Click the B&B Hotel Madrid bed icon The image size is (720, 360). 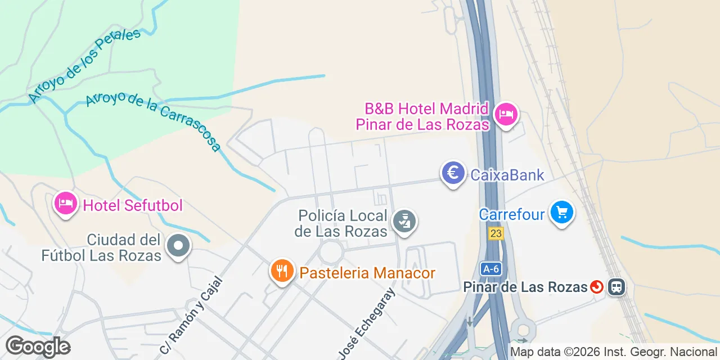(x=506, y=115)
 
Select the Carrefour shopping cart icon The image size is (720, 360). (x=561, y=213)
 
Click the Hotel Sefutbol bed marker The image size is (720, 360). (x=65, y=204)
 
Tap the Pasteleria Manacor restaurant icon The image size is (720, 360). (x=282, y=272)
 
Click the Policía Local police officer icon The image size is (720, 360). (x=404, y=221)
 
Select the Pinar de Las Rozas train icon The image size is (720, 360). (x=616, y=287)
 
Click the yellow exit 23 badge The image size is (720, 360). (x=496, y=233)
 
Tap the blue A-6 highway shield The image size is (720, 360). (x=490, y=269)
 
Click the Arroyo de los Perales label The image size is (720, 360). (x=84, y=66)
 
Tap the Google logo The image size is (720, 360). (x=38, y=346)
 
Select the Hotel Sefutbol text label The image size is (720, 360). (x=133, y=205)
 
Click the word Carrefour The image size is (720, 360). (x=512, y=214)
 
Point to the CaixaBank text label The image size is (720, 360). (x=507, y=175)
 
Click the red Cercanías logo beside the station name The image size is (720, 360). (x=597, y=287)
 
